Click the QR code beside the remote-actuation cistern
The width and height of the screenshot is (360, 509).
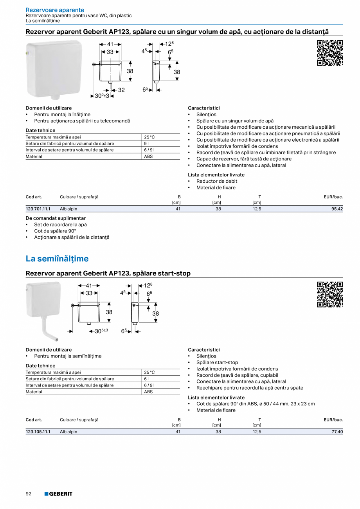(x=329, y=53)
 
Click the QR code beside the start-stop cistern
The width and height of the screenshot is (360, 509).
(x=329, y=294)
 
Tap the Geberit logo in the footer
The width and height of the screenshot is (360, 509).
(x=58, y=494)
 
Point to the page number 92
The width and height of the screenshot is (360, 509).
(x=29, y=494)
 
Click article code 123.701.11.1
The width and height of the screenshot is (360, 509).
(x=38, y=209)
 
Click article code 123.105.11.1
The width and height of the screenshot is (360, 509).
(x=38, y=432)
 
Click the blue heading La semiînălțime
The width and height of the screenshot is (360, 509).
(x=57, y=259)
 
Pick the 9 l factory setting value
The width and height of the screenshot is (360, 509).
(x=146, y=144)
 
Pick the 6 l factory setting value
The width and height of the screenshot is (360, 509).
(x=146, y=379)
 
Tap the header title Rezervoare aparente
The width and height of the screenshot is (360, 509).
(x=55, y=10)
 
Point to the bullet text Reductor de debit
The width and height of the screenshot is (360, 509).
(x=216, y=181)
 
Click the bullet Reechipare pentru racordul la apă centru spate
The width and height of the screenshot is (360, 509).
(x=249, y=388)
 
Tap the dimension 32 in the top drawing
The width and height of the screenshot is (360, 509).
(x=121, y=90)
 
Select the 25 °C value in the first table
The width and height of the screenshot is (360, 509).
(x=149, y=137)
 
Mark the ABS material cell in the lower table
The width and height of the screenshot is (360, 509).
(x=148, y=392)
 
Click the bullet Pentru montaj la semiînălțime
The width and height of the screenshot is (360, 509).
(x=67, y=356)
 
